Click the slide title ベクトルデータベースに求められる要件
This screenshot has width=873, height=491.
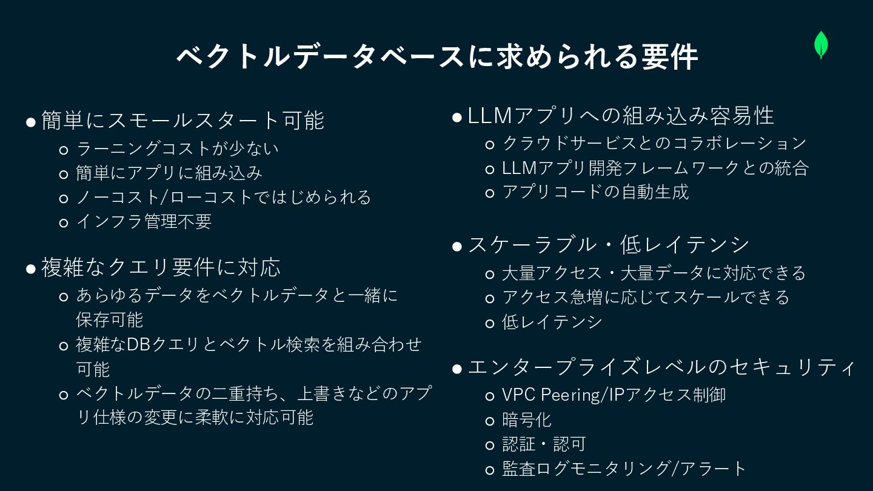[436, 58]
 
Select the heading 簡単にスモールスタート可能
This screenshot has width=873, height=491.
[182, 120]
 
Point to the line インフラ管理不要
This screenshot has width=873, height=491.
[144, 222]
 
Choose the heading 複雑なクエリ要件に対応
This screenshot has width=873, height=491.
[161, 267]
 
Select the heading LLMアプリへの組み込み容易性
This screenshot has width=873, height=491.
[621, 116]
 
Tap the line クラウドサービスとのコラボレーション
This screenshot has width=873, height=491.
[654, 144]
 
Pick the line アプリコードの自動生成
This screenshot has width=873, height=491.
[595, 192]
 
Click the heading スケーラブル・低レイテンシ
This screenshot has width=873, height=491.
[609, 245]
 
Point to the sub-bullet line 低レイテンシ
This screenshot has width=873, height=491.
[552, 322]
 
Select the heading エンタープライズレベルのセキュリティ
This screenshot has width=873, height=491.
[661, 367]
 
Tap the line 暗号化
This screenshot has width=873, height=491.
[526, 419]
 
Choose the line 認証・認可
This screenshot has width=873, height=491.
[543, 444]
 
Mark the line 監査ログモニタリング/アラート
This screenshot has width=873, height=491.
[624, 469]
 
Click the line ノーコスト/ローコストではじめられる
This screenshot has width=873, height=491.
[223, 197]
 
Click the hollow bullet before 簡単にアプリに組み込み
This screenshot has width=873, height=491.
[64, 174]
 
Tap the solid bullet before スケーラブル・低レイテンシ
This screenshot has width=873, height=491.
[457, 246]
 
